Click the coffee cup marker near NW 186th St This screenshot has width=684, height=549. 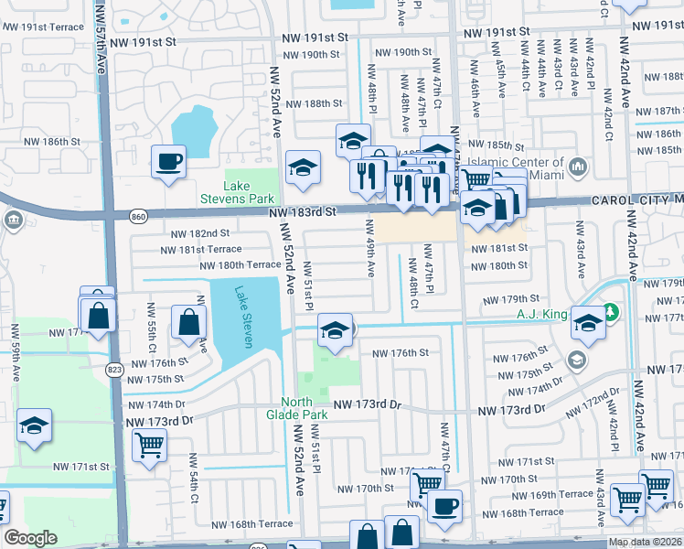(169, 162)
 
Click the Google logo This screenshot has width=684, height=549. (30, 538)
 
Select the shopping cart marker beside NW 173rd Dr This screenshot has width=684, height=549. (149, 446)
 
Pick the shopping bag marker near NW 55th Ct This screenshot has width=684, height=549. (188, 323)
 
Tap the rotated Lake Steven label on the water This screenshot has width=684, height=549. (242, 317)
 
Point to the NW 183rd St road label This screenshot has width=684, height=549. (304, 211)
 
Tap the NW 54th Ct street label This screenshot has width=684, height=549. (194, 479)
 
